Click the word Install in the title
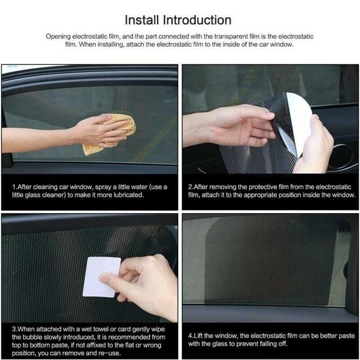(142, 20)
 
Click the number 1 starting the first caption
(14, 187)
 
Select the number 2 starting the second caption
(190, 187)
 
